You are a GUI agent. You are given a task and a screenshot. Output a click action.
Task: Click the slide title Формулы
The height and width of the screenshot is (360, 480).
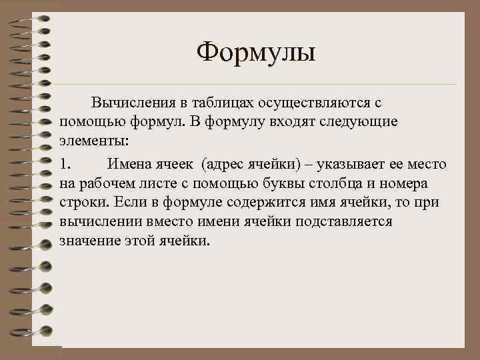(x=257, y=52)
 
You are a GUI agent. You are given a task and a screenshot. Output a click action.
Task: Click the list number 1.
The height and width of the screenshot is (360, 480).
(x=65, y=163)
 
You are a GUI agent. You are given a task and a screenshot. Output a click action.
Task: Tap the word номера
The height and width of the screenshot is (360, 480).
(x=418, y=183)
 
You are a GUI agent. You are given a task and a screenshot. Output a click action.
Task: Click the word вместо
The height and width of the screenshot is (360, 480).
(x=159, y=222)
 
